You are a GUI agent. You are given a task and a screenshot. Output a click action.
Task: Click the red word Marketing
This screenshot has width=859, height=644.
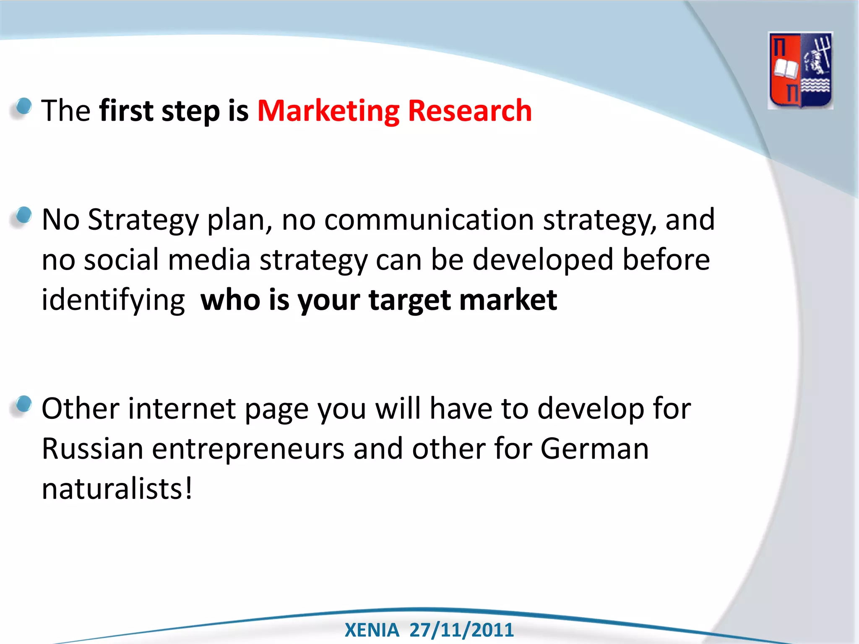(x=328, y=111)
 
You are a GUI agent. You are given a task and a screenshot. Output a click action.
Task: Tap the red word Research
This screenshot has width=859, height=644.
(x=470, y=111)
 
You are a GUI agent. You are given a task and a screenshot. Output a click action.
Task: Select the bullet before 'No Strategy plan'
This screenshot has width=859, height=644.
(x=23, y=216)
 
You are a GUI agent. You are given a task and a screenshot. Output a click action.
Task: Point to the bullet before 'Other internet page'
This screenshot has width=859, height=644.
(x=23, y=404)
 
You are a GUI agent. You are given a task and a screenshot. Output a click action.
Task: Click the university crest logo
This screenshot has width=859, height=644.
(x=800, y=70)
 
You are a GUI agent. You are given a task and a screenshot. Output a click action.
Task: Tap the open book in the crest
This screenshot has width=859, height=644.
(x=785, y=69)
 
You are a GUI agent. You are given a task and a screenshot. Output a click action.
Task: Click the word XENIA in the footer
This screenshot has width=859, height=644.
(x=372, y=630)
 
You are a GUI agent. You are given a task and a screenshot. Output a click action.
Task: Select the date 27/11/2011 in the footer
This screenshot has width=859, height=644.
(x=461, y=630)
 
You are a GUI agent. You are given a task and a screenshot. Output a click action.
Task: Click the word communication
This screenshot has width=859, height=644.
(x=429, y=220)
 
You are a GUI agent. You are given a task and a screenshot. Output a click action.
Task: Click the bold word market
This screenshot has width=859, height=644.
(x=508, y=300)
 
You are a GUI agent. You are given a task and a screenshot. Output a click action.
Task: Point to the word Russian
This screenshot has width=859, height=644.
(x=93, y=449)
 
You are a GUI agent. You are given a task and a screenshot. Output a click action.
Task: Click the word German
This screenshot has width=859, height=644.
(x=594, y=449)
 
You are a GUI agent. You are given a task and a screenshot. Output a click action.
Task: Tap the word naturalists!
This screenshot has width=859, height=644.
(x=117, y=489)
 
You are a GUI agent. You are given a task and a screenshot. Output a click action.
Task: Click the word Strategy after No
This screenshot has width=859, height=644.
(x=143, y=221)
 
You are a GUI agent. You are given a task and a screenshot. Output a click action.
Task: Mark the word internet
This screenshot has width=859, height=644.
(x=182, y=408)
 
